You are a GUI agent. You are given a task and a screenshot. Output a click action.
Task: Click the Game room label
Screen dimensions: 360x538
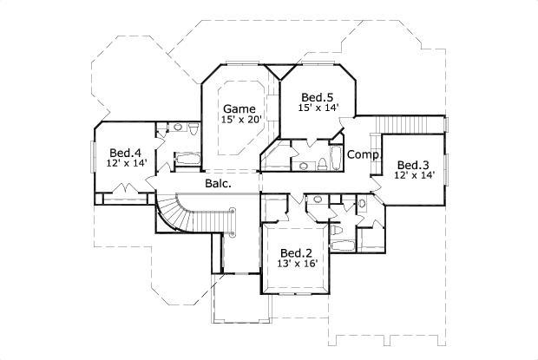pyautogui.click(x=239, y=109)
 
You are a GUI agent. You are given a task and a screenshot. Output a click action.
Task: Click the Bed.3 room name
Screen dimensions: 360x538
pyautogui.click(x=413, y=165)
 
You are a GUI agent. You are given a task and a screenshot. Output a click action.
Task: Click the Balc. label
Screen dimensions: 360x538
pyautogui.click(x=218, y=184)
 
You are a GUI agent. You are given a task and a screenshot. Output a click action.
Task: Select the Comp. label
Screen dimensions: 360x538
pyautogui.click(x=360, y=154)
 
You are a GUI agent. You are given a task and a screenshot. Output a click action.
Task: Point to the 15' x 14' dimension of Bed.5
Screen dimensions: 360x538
pyautogui.click(x=317, y=108)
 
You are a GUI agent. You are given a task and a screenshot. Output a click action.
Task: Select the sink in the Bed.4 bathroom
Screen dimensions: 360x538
pyautogui.click(x=177, y=129)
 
